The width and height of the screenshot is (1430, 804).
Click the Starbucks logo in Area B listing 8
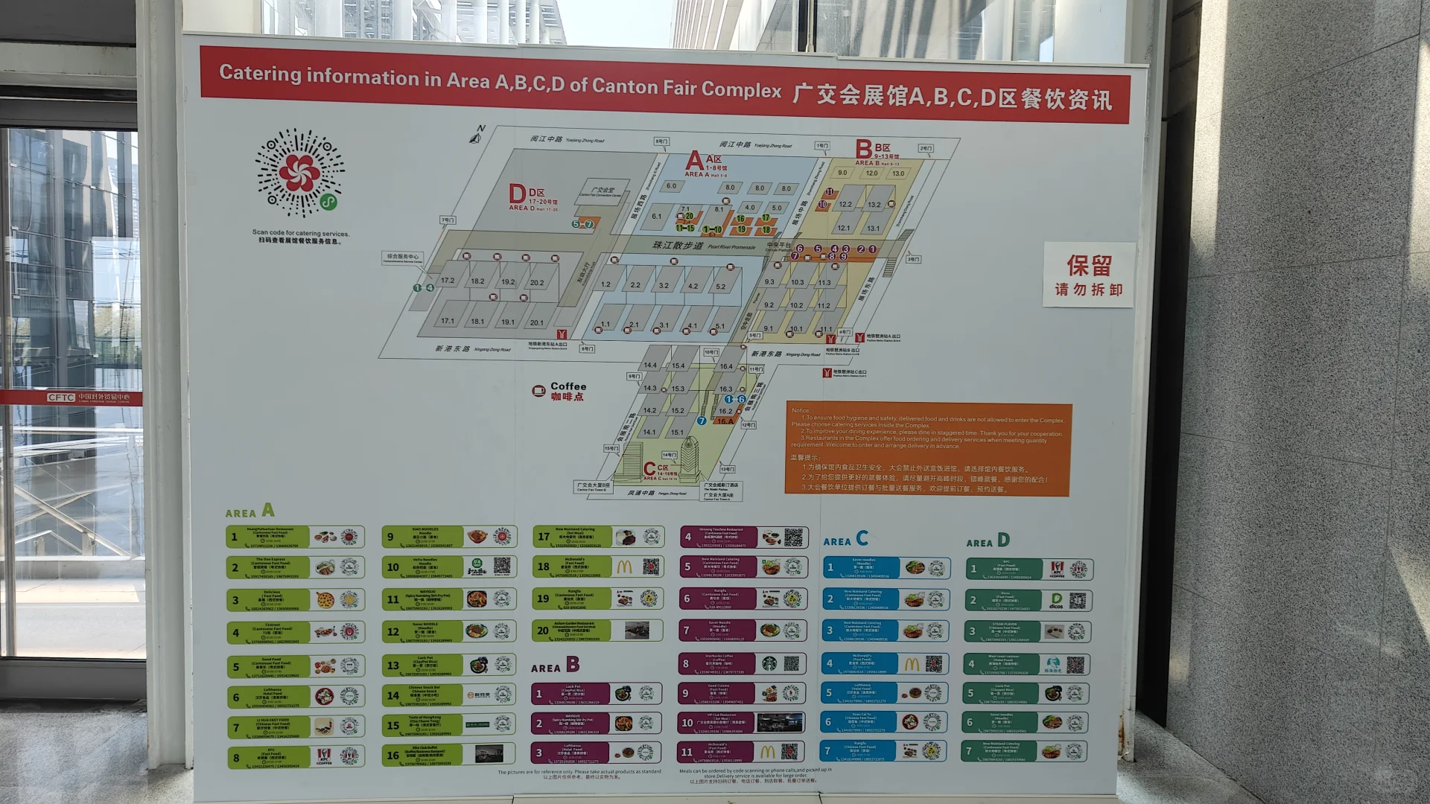[769, 663]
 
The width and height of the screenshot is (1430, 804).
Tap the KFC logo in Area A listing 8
[323, 756]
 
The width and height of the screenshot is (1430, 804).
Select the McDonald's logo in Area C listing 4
[912, 664]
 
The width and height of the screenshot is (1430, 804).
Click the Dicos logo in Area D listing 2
[1056, 600]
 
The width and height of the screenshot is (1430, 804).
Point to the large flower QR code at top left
[300, 173]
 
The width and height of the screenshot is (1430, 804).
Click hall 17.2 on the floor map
[448, 281]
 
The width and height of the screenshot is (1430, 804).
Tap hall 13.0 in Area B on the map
[898, 173]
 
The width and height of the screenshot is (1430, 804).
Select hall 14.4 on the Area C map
[650, 365]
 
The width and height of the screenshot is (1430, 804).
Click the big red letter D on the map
[517, 194]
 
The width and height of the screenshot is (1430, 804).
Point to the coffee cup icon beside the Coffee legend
[538, 391]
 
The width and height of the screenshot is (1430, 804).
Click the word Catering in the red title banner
[259, 74]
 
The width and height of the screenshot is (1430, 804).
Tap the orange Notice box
[928, 449]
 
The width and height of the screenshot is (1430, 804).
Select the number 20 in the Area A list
[543, 631]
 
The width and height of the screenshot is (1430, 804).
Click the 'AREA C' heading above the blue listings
[845, 539]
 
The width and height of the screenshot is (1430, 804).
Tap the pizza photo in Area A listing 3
[325, 599]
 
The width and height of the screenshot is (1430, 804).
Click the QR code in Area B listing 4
[793, 537]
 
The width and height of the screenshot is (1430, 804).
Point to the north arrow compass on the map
[477, 134]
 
